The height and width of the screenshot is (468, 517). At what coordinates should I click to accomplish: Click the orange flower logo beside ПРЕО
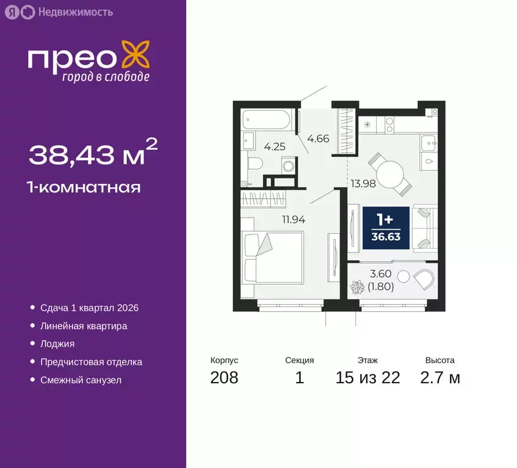click(x=135, y=55)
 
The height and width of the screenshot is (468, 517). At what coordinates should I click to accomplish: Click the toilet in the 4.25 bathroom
click(x=256, y=163)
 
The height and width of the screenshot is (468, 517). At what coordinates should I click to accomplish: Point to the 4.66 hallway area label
click(x=318, y=138)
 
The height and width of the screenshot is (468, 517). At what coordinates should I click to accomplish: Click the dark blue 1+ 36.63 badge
click(x=386, y=228)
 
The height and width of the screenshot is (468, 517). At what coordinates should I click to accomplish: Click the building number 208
click(x=224, y=378)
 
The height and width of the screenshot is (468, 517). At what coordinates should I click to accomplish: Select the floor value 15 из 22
click(x=368, y=378)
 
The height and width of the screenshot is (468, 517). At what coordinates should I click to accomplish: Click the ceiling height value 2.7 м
click(x=440, y=378)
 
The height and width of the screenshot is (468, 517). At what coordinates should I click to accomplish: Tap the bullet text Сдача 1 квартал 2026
click(x=89, y=308)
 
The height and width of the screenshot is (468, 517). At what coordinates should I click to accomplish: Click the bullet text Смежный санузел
click(x=81, y=380)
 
